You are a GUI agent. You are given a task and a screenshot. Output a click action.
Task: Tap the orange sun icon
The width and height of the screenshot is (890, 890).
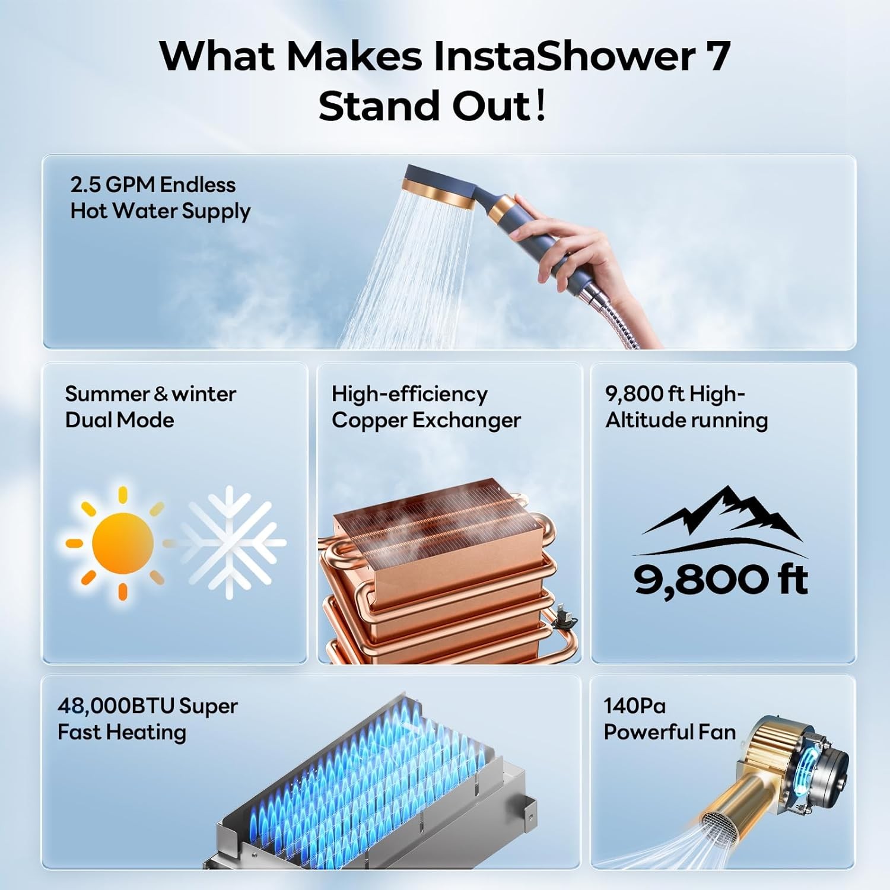[x=123, y=542]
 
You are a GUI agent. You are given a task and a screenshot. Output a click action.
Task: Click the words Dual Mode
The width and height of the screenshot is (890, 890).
[x=119, y=420]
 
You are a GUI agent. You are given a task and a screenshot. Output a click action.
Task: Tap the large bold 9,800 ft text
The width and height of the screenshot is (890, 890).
[x=720, y=579]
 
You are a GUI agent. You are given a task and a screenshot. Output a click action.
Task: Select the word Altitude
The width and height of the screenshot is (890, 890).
[x=644, y=420]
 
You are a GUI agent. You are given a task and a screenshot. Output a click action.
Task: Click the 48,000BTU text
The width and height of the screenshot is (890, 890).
[x=116, y=706]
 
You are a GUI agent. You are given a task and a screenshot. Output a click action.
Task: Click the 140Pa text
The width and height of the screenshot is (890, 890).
[x=634, y=706]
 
